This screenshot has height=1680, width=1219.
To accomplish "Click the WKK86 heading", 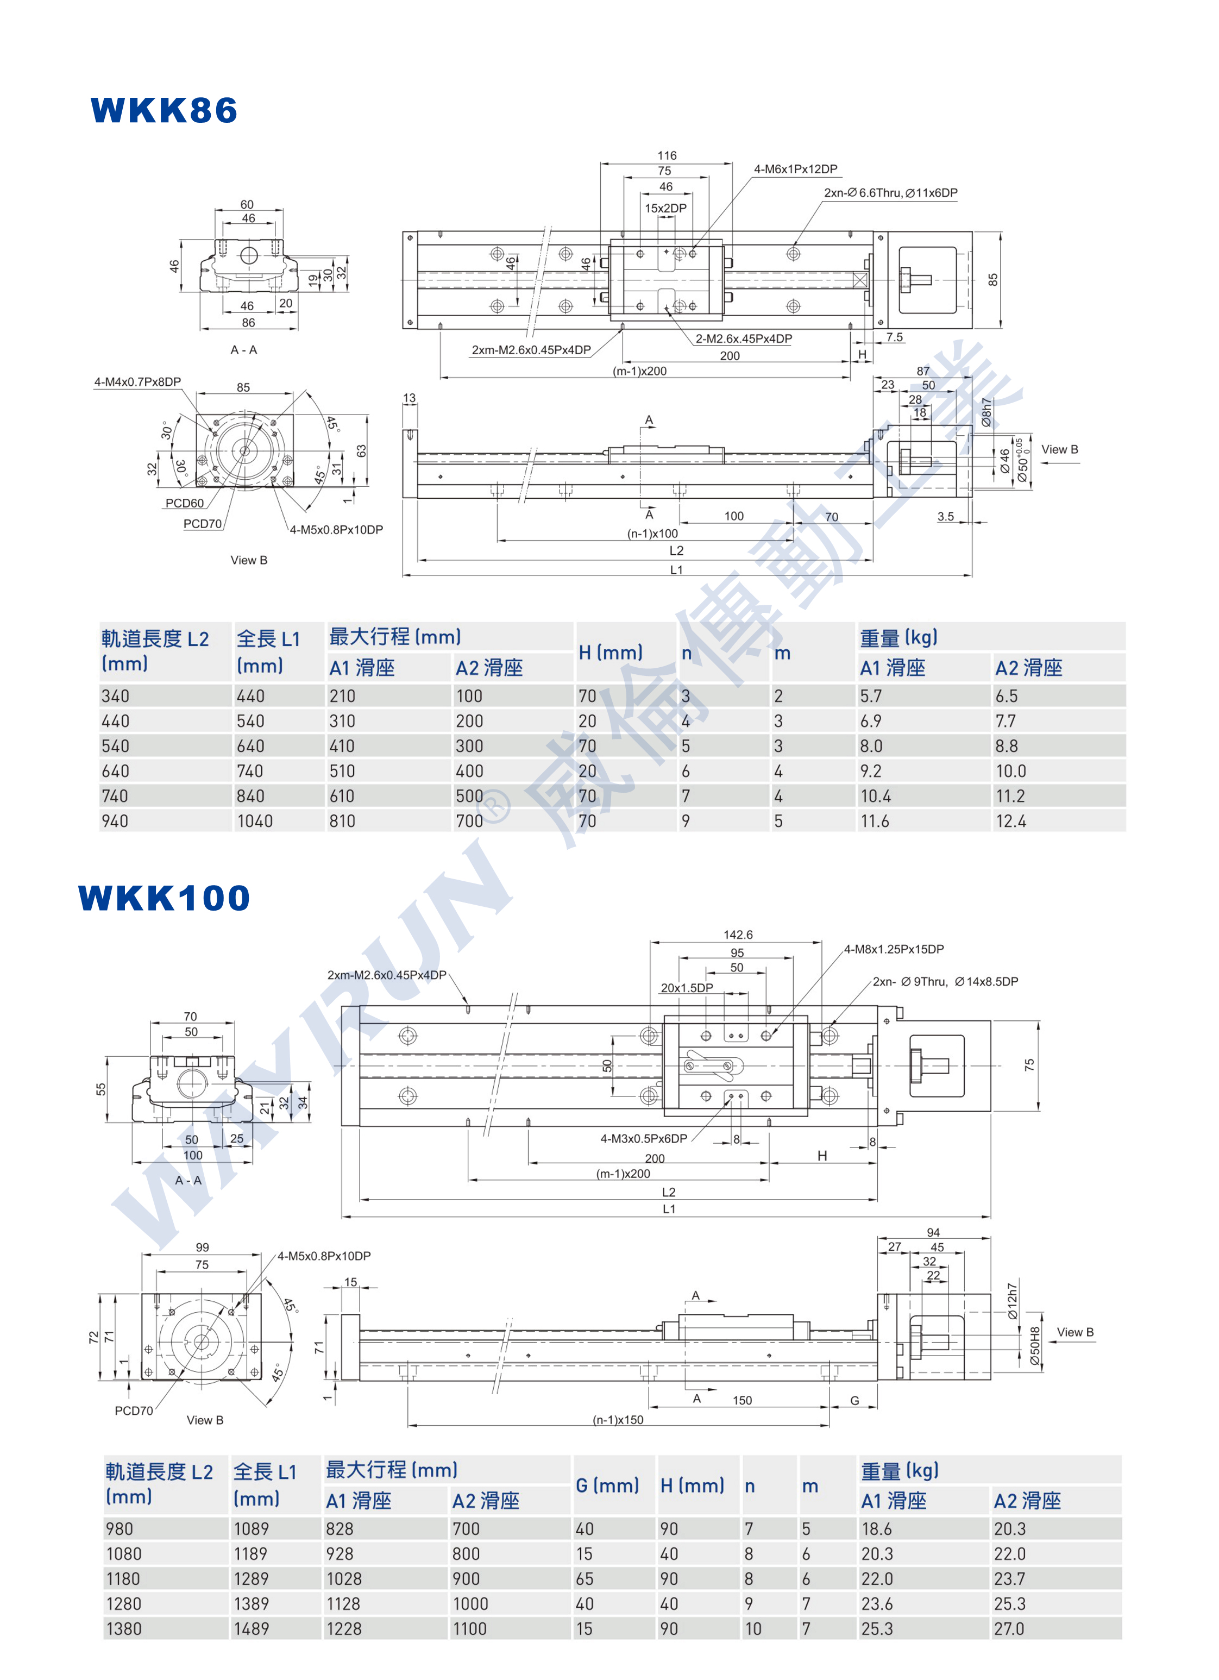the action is (x=164, y=110).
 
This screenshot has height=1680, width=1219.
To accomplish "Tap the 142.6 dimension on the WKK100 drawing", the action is (x=738, y=935).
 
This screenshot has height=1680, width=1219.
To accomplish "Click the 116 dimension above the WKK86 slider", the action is (x=667, y=155).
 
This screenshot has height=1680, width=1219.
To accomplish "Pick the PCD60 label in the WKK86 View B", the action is (x=184, y=503).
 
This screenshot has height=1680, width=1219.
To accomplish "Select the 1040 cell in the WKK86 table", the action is (x=255, y=821).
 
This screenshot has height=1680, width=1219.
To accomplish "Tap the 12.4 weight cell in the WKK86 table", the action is (x=1011, y=821).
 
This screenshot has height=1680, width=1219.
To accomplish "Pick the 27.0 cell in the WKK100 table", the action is (x=1009, y=1629).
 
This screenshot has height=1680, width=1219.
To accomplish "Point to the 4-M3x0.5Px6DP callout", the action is (x=644, y=1138).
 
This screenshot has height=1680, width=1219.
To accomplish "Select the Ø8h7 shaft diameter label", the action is (x=986, y=412).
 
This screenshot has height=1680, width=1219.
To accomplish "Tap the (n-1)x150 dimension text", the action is (x=618, y=1420).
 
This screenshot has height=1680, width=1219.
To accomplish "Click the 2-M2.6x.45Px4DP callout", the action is (x=744, y=338).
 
